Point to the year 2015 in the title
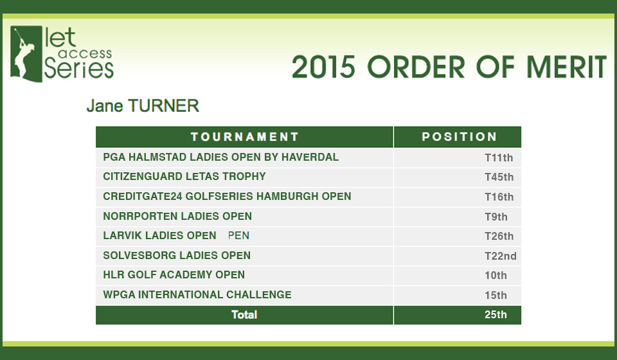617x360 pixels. (x=323, y=67)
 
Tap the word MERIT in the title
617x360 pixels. (x=566, y=67)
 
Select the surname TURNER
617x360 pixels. (x=163, y=106)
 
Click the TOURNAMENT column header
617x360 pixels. (x=245, y=137)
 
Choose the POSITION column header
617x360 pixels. (x=459, y=137)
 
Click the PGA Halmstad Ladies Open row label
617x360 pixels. (x=220, y=157)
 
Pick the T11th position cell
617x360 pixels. (x=499, y=157)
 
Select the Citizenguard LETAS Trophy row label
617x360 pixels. (x=184, y=176)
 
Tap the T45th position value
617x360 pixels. (x=499, y=177)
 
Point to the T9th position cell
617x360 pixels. (x=496, y=217)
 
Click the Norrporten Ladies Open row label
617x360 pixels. (x=177, y=216)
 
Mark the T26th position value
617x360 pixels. (x=499, y=236)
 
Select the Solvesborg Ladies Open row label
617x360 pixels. (x=177, y=255)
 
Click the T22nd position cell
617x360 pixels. (x=501, y=256)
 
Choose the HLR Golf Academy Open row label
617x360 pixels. (x=174, y=274)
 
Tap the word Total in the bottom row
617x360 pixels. (x=244, y=315)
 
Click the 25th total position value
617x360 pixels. (x=496, y=315)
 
